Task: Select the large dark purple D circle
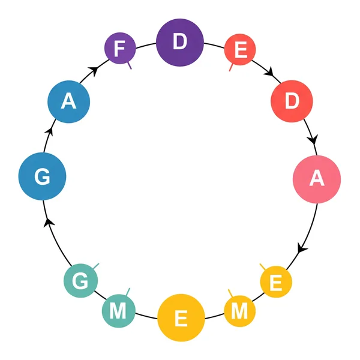click(x=179, y=43)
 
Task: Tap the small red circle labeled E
click(x=240, y=51)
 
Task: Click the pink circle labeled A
click(x=317, y=179)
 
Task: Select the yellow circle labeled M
click(x=239, y=311)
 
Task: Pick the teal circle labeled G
click(x=80, y=280)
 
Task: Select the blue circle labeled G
click(x=42, y=176)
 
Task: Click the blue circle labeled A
click(x=69, y=103)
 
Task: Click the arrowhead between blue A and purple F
click(x=94, y=71)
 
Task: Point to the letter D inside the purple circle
click(x=179, y=43)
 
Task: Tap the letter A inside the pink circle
click(x=317, y=179)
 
